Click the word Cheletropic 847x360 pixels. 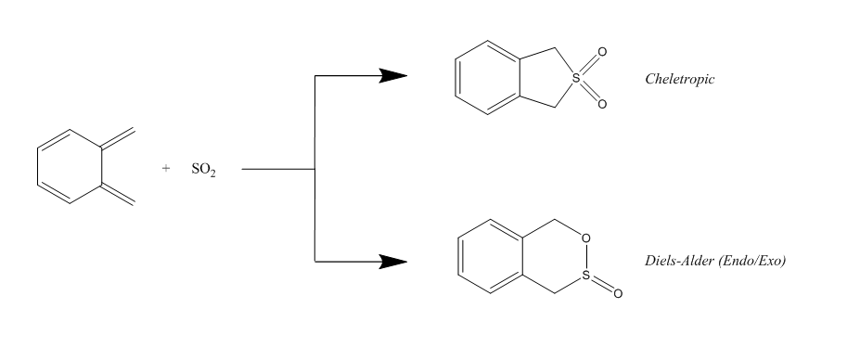click(679, 79)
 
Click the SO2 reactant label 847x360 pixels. click(204, 169)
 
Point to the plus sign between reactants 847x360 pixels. click(166, 168)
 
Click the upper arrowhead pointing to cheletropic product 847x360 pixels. click(393, 76)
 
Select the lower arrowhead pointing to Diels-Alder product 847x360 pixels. click(393, 262)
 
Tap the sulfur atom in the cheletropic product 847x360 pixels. click(576, 78)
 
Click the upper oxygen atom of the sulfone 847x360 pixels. click(602, 52)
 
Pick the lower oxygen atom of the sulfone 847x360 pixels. click(602, 104)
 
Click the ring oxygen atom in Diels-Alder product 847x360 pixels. click(586, 238)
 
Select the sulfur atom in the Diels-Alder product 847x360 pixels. click(586, 276)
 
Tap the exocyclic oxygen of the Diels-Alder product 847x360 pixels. click(618, 293)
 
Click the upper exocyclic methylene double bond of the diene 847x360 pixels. click(118, 138)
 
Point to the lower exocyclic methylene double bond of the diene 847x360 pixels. click(118, 196)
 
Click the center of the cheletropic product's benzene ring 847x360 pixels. click(488, 78)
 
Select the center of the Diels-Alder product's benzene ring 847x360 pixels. click(491, 256)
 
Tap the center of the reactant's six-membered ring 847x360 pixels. click(70, 167)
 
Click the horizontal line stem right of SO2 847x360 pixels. click(278, 169)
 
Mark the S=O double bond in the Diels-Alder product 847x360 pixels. click(602, 284)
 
